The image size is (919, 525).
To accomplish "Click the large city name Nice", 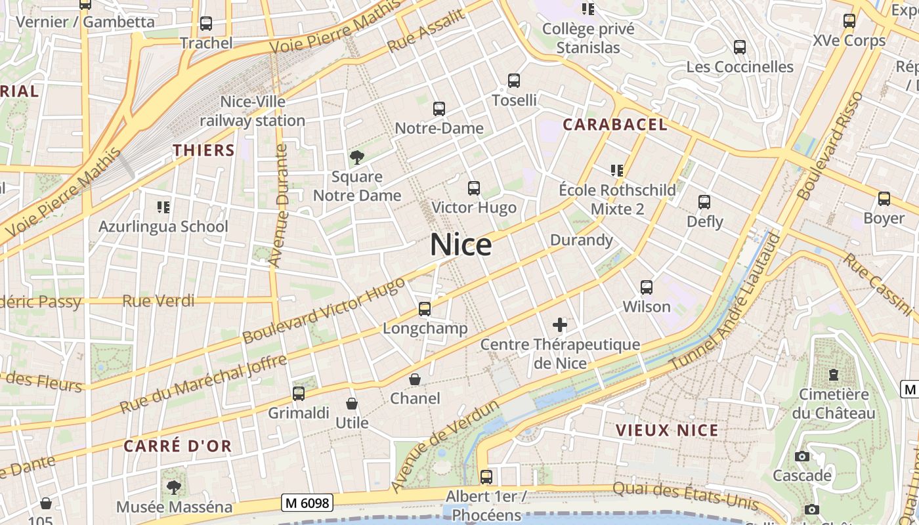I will click(x=461, y=245).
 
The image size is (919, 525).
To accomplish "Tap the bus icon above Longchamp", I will click(x=425, y=308).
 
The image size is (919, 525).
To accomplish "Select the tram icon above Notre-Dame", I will click(x=439, y=109).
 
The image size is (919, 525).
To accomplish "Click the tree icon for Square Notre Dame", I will click(x=357, y=157).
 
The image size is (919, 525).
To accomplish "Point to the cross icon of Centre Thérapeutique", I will click(x=560, y=324).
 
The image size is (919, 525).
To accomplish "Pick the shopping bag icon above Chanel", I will click(x=415, y=379).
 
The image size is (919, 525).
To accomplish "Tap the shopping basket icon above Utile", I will click(x=352, y=403).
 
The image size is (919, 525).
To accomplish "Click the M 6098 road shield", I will click(x=308, y=503).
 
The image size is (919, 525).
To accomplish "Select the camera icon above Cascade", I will click(x=802, y=456).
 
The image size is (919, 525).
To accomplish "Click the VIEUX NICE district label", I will click(x=667, y=430).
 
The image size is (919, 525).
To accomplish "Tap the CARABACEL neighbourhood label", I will click(x=615, y=125).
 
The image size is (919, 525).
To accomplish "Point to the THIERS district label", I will click(x=203, y=150).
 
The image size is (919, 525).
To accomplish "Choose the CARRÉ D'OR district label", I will click(x=178, y=446).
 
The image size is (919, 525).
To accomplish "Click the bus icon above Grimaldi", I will click(x=299, y=394).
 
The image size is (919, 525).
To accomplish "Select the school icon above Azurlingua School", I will click(x=163, y=207).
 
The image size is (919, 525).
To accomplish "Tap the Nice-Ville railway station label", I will click(x=253, y=112).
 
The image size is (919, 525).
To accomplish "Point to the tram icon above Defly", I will click(x=704, y=202).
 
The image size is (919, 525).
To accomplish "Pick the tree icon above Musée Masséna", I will click(x=174, y=488).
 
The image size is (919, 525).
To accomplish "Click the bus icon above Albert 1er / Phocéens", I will click(x=486, y=477).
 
